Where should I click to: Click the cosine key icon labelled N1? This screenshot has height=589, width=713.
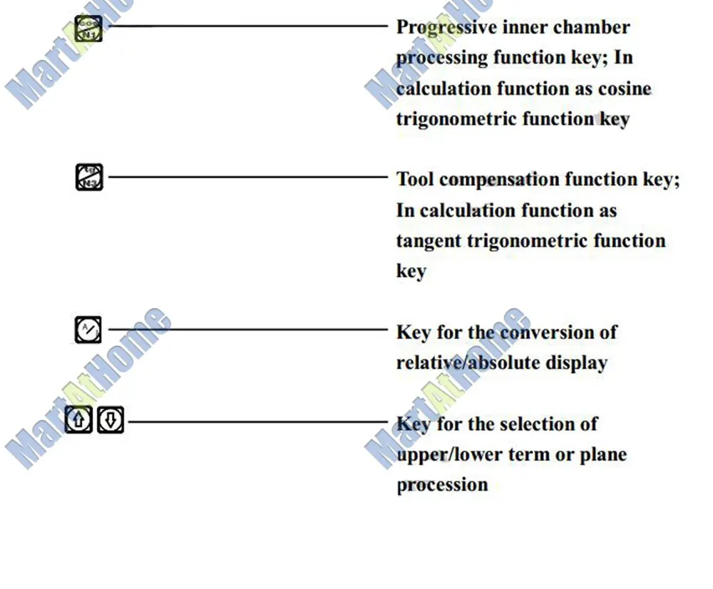pyautogui.click(x=88, y=29)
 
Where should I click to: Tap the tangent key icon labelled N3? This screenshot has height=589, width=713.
pyautogui.click(x=89, y=177)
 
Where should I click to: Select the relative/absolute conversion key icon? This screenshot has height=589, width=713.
pyautogui.click(x=88, y=330)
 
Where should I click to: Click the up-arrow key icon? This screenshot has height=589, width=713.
pyautogui.click(x=78, y=420)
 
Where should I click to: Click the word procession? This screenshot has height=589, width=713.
pyautogui.click(x=442, y=485)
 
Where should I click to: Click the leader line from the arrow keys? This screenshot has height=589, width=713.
pyautogui.click(x=257, y=421)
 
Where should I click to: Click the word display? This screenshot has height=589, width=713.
pyautogui.click(x=577, y=362)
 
